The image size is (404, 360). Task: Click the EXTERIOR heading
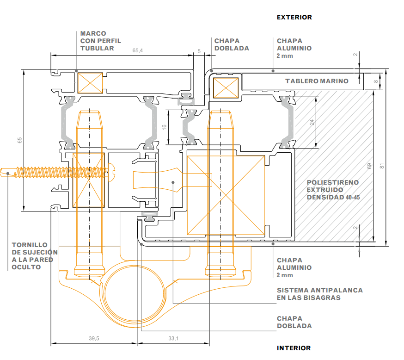coord(294,17)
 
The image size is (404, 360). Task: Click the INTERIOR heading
coord(294,348)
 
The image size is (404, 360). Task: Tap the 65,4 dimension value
coord(138,50)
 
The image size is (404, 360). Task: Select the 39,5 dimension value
coord(94,338)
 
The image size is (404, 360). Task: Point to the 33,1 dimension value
coord(173,338)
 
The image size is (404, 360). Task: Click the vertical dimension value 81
coord(382,166)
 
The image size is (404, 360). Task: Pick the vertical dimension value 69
coord(369,166)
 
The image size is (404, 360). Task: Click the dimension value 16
coord(164,127)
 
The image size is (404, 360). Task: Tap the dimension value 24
coord(312,122)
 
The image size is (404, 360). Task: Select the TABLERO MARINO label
coord(317,81)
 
